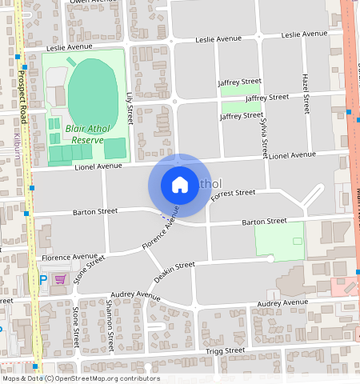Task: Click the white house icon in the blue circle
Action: pyautogui.click(x=179, y=185)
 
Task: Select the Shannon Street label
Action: pyautogui.click(x=110, y=315)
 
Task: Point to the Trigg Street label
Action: pyautogui.click(x=224, y=351)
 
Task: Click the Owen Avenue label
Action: pyautogui.click(x=90, y=2)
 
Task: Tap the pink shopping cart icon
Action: pyautogui.click(x=60, y=279)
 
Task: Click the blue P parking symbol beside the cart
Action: pyautogui.click(x=43, y=280)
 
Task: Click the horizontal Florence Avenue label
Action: pyautogui.click(x=70, y=258)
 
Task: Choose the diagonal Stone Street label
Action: pyautogui.click(x=89, y=270)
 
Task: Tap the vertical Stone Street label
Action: pyautogui.click(x=76, y=323)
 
